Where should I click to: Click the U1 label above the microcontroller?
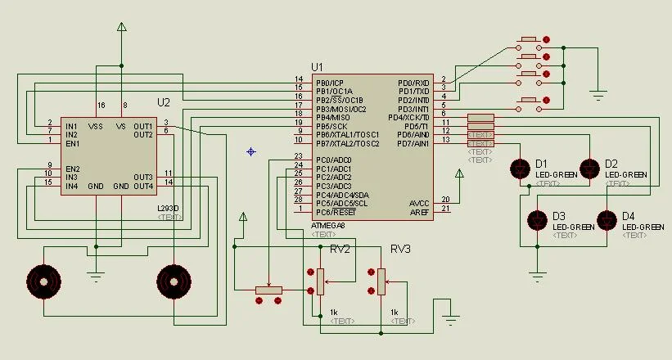(x=318, y=66)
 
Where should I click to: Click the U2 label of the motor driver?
(x=164, y=102)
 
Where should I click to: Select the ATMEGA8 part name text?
(x=329, y=225)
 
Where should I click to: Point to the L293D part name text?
(x=168, y=208)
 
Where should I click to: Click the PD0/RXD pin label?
(x=413, y=83)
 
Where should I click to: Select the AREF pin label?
(x=419, y=212)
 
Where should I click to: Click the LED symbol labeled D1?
(x=520, y=169)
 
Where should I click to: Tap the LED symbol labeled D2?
(x=589, y=169)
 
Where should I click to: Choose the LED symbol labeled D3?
(x=537, y=219)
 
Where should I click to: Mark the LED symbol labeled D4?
(x=606, y=219)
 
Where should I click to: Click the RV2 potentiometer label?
(x=340, y=250)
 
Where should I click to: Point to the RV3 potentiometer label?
(x=400, y=249)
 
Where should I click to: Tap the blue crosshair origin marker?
(x=251, y=151)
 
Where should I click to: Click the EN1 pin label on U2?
(x=72, y=143)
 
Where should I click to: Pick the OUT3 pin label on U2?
(x=143, y=177)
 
